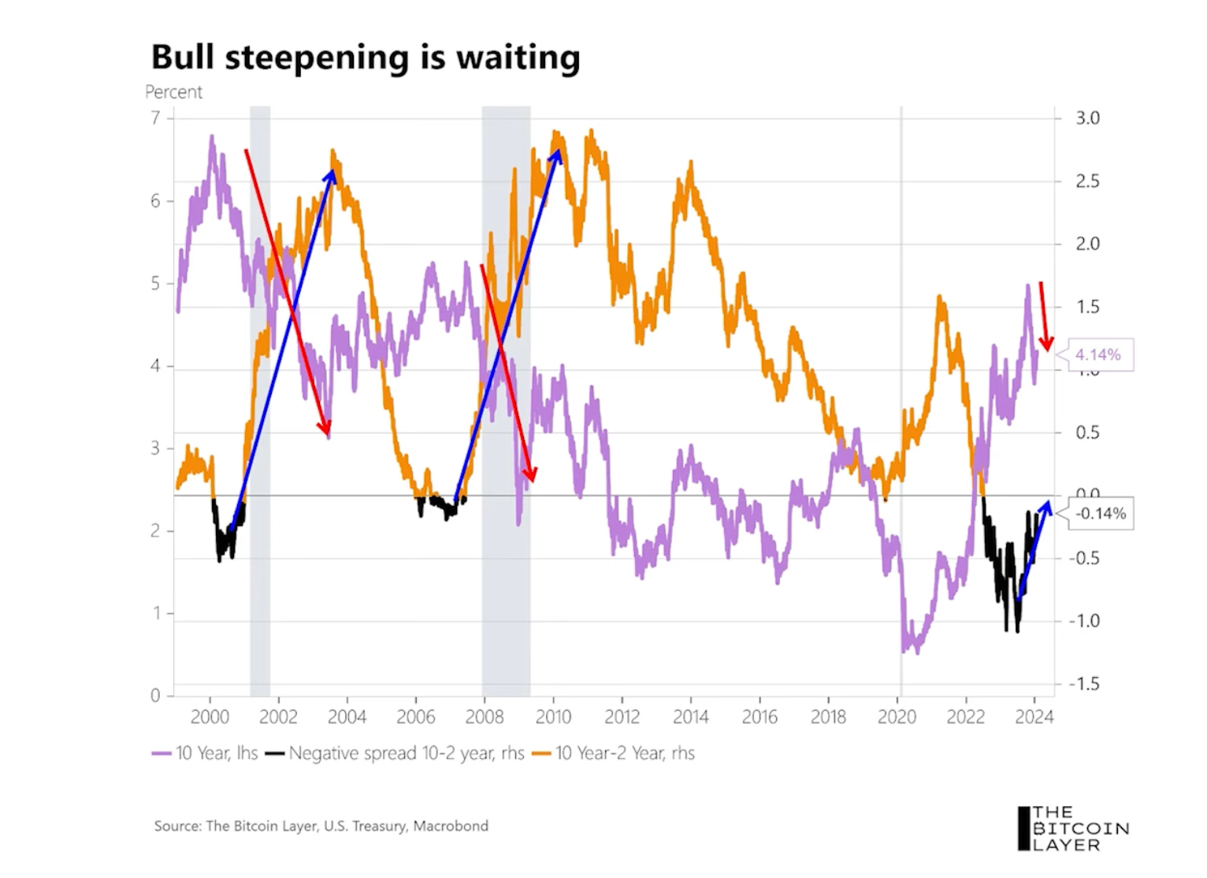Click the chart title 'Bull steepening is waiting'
click(365, 58)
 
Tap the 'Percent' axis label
click(173, 92)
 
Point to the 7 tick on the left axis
click(155, 118)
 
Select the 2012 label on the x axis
click(622, 717)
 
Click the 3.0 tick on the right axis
click(1087, 118)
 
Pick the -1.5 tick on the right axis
click(1084, 684)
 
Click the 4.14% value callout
click(1097, 355)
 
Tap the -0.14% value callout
click(1101, 514)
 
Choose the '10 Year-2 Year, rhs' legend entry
click(614, 753)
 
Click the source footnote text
click(321, 826)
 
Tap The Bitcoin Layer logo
click(1073, 828)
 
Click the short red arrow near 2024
click(1044, 315)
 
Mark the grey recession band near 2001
click(260, 394)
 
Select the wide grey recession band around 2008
click(506, 394)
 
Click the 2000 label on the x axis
click(210, 717)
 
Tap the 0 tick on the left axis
click(155, 696)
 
